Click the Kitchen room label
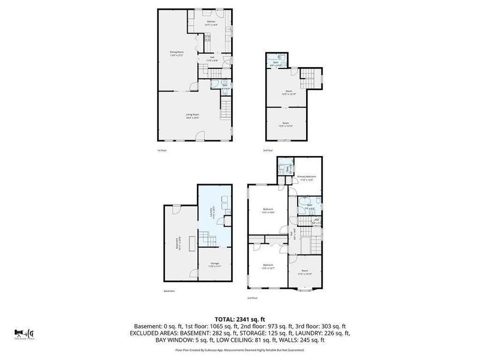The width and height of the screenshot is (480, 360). (211, 22)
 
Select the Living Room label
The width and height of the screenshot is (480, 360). (192, 115)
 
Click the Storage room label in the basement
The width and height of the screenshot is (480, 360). (214, 265)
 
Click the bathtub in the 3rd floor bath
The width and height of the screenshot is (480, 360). (276, 57)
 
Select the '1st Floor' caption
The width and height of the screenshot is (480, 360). (161, 150)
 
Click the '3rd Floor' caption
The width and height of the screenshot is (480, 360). (268, 150)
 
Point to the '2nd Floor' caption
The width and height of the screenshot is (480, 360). (252, 298)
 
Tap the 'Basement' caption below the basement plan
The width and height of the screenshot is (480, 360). (170, 291)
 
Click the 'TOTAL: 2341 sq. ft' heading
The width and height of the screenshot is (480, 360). (240, 319)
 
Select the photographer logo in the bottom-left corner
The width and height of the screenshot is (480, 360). (25, 333)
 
